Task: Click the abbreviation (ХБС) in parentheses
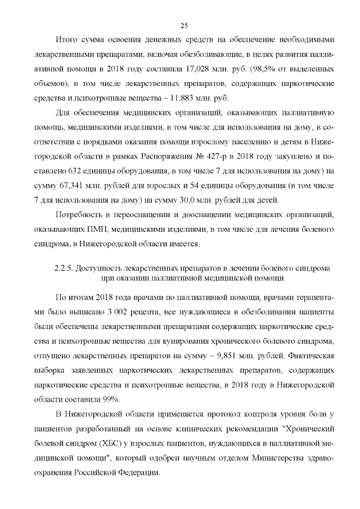127,444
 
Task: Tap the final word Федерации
136,473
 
